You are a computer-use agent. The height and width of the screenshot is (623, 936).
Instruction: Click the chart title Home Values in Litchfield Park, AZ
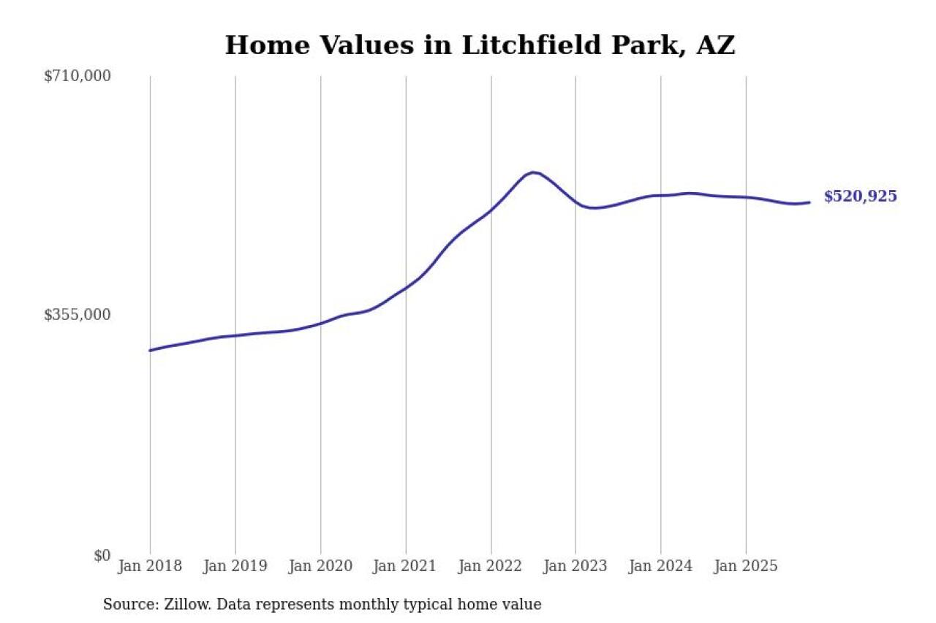point(480,45)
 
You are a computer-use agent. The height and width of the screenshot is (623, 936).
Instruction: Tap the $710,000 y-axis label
point(77,75)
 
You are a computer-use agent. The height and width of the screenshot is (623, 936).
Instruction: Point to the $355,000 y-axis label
point(77,315)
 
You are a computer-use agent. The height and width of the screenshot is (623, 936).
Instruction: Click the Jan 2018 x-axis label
point(150,566)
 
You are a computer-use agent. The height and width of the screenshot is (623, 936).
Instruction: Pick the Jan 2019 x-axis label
point(235,566)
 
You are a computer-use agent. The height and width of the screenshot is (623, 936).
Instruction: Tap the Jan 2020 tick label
point(320,566)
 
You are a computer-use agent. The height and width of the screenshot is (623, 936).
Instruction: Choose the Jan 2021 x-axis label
point(405,566)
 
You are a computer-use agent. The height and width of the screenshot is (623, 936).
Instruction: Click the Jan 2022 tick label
point(491,566)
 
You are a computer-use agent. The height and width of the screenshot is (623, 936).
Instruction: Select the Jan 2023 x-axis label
point(575,566)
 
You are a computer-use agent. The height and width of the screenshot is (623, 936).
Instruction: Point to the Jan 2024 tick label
point(661,566)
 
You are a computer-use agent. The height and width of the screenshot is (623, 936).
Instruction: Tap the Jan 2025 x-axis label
point(746,566)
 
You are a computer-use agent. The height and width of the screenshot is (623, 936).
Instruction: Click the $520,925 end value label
point(860,196)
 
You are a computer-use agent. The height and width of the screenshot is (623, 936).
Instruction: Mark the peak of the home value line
point(533,172)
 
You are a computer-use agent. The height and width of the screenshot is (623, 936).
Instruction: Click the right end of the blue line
point(809,202)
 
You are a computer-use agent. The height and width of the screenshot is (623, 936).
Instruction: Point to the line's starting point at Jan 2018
point(150,351)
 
